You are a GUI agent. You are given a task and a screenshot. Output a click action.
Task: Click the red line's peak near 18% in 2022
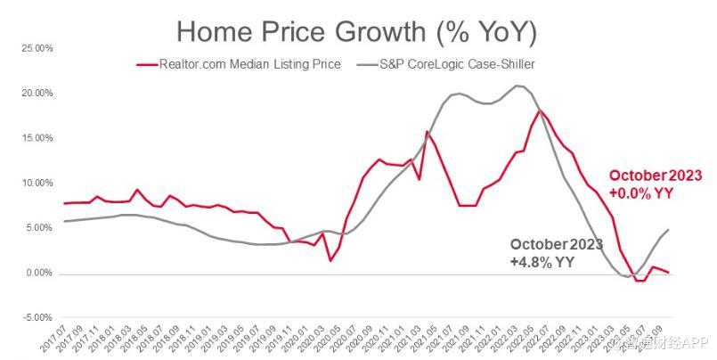[x=540, y=110]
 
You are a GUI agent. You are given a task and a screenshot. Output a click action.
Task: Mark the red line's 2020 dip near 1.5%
[x=330, y=260]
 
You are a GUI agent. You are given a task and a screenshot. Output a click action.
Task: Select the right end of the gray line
[x=668, y=230]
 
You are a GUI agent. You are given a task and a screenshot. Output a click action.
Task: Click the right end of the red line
[x=668, y=273]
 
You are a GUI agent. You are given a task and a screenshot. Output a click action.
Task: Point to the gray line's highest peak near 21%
[x=517, y=86]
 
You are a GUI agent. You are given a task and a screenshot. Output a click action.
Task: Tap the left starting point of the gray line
[x=65, y=221]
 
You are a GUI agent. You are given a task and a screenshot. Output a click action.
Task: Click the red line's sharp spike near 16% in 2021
[x=427, y=132]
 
